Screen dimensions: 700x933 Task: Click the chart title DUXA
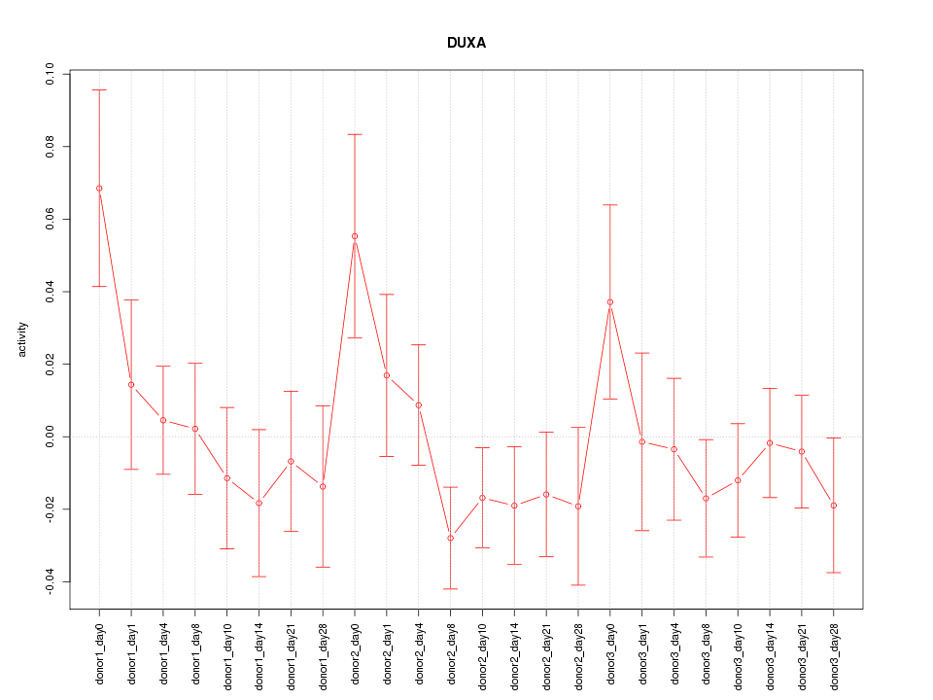click(466, 43)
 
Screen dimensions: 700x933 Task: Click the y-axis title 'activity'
click(23, 339)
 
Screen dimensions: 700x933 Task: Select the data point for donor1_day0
click(99, 189)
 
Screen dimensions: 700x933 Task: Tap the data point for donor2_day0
click(355, 236)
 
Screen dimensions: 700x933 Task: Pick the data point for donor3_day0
click(610, 302)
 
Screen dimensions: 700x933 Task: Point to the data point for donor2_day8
click(450, 538)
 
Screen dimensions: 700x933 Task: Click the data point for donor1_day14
click(259, 503)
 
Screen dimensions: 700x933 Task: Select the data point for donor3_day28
click(834, 506)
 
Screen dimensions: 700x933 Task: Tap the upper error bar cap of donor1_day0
click(99, 89)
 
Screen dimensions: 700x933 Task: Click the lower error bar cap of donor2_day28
click(578, 585)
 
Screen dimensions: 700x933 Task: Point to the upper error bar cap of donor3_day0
click(610, 204)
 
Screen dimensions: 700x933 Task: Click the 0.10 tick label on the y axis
click(51, 74)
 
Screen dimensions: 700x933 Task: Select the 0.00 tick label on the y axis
click(51, 437)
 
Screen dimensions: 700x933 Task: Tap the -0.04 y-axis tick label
click(51, 581)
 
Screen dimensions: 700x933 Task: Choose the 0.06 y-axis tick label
click(51, 219)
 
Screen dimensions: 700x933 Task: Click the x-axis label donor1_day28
click(323, 650)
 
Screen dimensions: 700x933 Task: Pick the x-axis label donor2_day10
click(482, 650)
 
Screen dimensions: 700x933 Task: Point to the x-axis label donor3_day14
click(770, 650)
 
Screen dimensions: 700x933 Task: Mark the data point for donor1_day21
click(291, 461)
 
